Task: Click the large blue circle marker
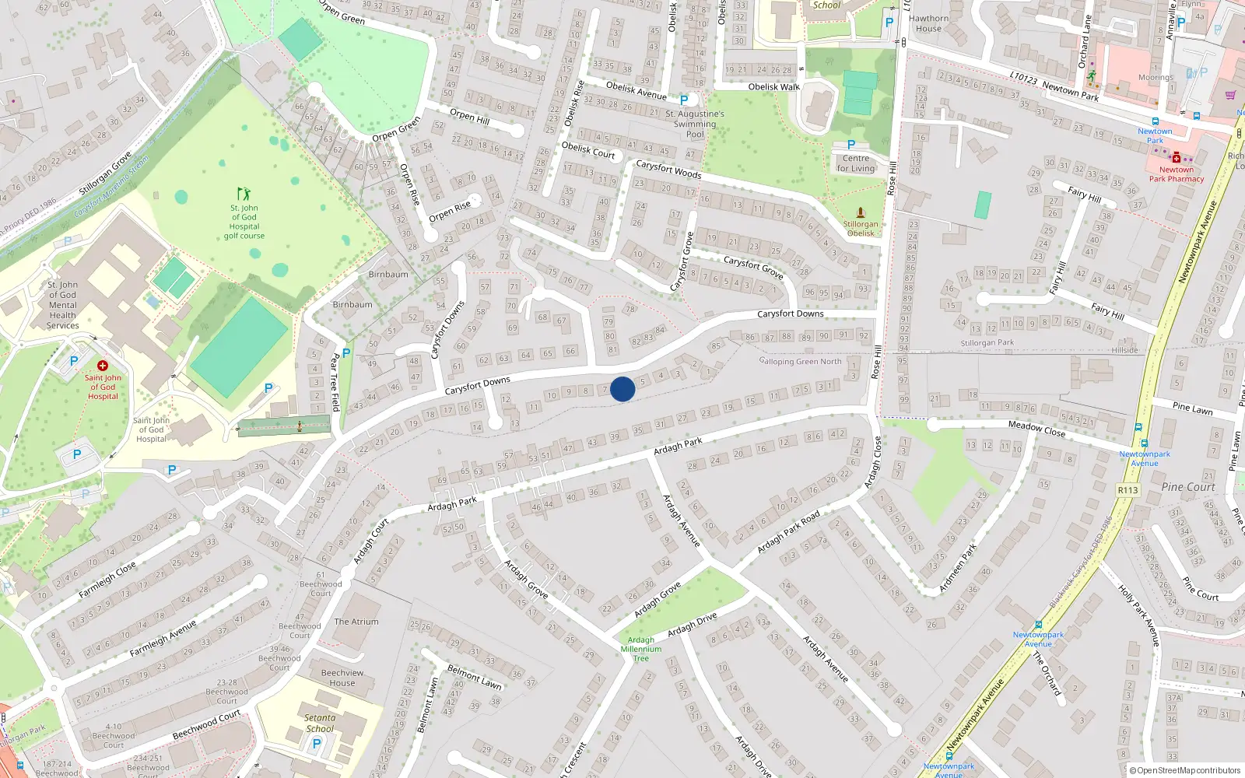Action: [622, 389]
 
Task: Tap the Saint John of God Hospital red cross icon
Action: [102, 366]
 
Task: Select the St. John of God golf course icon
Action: [244, 194]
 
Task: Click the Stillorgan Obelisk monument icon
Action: [860, 212]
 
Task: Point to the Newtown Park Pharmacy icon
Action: [1177, 157]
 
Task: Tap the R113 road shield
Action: [1128, 490]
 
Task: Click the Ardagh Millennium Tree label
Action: [641, 649]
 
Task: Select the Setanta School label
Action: [320, 724]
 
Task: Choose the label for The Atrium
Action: [356, 622]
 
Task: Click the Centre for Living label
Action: [856, 163]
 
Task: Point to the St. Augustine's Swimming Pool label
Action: [695, 124]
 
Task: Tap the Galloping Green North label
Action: [801, 361]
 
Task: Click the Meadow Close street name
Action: [1036, 429]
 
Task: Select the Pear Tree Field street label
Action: [335, 382]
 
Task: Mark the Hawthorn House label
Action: [928, 23]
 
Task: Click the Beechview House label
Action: [342, 678]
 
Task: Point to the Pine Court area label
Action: [1188, 487]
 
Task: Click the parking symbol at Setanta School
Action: [317, 744]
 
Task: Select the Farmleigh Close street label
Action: [107, 580]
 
